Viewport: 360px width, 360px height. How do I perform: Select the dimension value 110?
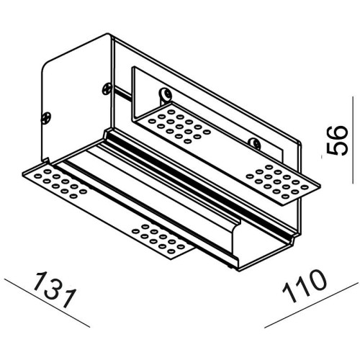point(305,286)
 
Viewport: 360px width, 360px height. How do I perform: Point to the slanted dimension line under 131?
point(47,303)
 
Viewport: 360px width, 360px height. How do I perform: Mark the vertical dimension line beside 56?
point(353,140)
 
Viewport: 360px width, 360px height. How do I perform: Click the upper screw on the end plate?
point(107,89)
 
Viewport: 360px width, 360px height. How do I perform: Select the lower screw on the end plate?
point(46,118)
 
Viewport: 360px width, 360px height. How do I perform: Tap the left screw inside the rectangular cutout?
point(165,94)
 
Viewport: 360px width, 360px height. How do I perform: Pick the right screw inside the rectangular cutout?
point(255,143)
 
